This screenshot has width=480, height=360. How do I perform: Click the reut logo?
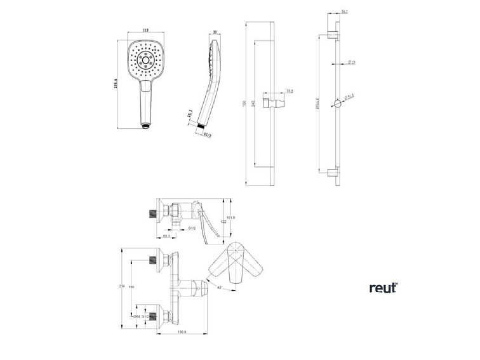click(383, 287)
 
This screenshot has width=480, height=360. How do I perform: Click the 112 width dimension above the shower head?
click(145, 30)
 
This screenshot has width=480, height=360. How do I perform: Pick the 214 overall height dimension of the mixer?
click(121, 288)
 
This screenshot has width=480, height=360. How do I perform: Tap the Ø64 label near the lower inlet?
click(137, 315)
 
